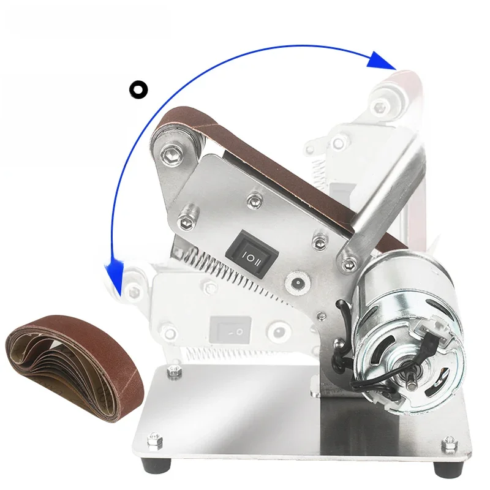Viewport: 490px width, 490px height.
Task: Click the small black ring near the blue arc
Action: coord(138,89)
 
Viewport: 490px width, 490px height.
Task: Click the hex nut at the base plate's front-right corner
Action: coord(450,440)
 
